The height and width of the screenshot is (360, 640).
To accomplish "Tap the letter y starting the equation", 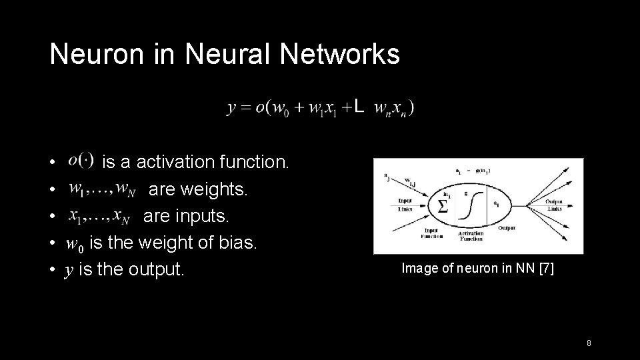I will [x=231, y=107].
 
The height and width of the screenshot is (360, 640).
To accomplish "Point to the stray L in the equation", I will [x=359, y=106].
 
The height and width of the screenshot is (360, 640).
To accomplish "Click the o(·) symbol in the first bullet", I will [x=81, y=160].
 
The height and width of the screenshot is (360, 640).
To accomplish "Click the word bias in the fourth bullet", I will [x=238, y=243].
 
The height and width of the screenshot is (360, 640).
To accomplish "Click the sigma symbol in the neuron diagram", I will [x=441, y=206].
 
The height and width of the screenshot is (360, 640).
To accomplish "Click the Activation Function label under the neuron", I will [x=471, y=235].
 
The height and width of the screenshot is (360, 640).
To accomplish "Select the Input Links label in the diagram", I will [x=405, y=204].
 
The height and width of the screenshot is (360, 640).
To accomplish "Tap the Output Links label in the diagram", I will [x=553, y=205].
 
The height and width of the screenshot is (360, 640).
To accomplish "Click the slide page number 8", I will [x=589, y=343].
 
